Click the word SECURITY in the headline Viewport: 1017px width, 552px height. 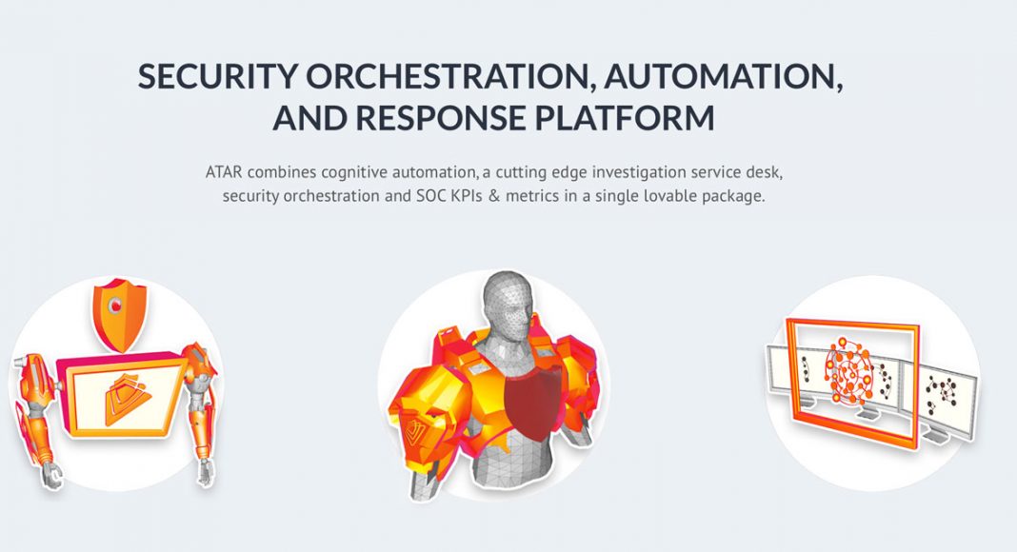pos(216,76)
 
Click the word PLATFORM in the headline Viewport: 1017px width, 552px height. pos(625,118)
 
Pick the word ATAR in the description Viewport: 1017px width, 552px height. pos(224,172)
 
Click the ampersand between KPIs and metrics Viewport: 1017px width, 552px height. pos(494,196)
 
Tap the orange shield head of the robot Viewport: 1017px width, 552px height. pos(119,313)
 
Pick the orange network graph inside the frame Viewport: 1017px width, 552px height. pos(849,373)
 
